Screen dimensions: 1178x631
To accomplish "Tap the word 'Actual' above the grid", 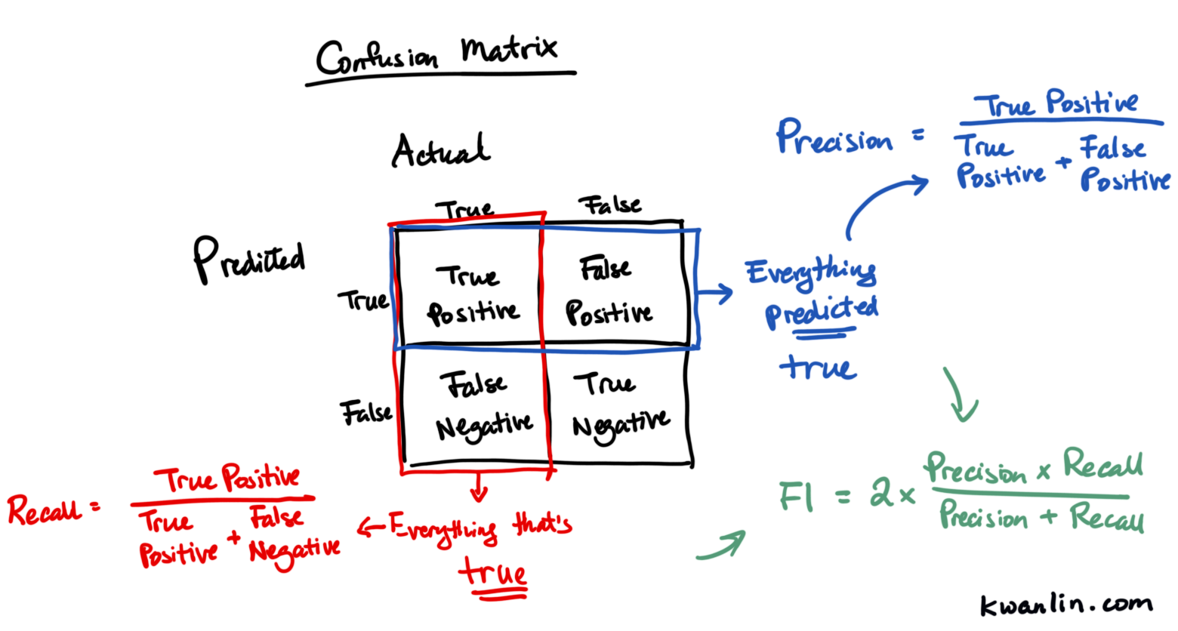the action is point(441,150).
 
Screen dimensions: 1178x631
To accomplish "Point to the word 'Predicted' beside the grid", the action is point(249,260).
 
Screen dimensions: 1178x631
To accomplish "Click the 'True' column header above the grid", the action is point(464,210).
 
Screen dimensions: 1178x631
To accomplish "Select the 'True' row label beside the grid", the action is point(363,300).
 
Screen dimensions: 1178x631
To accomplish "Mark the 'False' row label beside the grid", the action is point(366,412).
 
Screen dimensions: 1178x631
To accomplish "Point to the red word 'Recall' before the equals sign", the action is point(45,510).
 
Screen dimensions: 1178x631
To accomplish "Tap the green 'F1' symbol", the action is point(796,497).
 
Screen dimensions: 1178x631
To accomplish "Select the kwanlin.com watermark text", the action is point(1066,605).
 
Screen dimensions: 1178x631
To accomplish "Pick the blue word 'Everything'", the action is point(811,272).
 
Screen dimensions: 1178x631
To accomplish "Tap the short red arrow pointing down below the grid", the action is point(479,487).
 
